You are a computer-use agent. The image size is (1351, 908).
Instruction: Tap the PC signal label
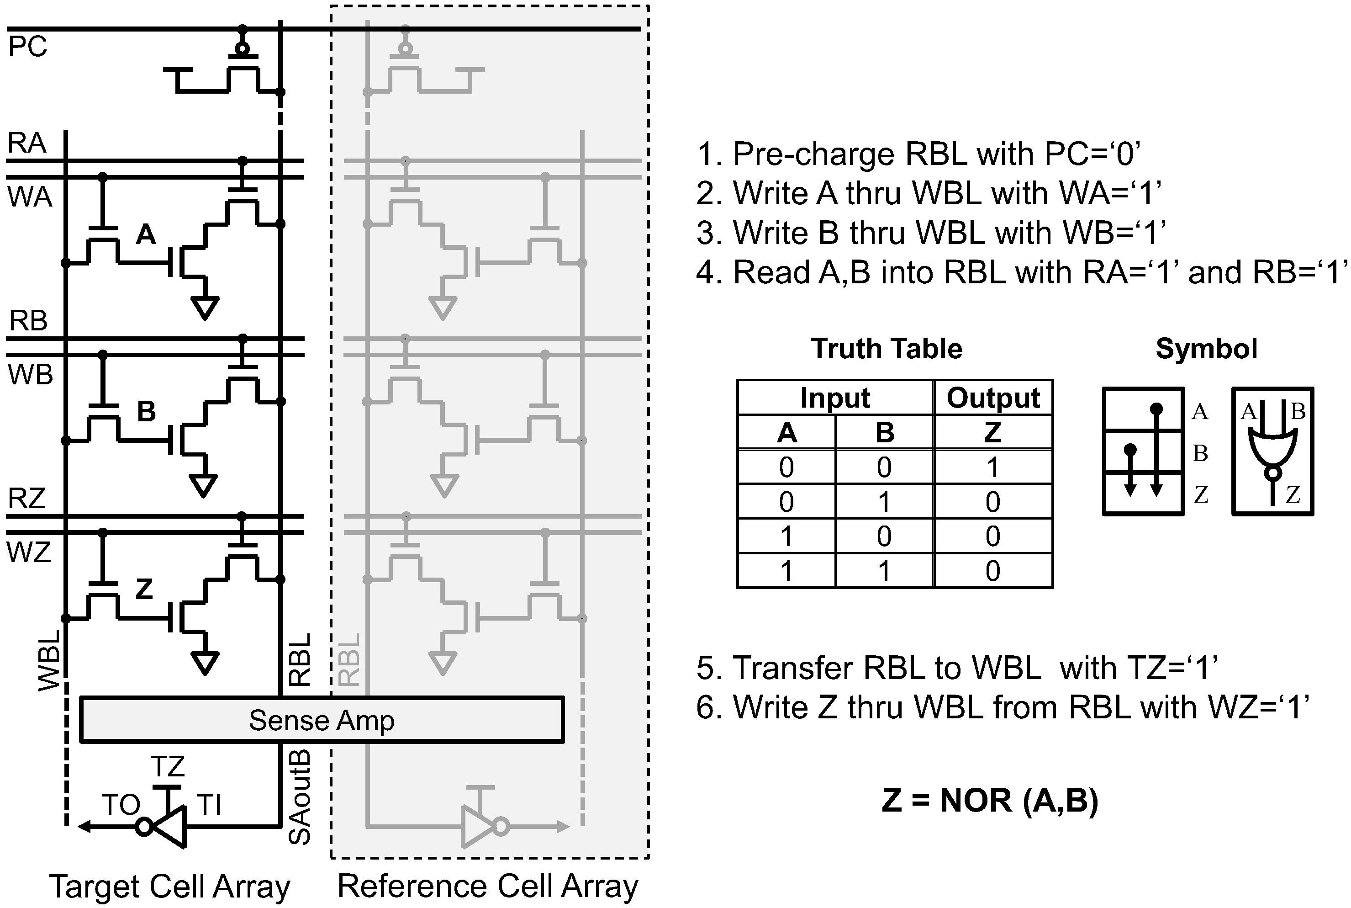click(x=27, y=46)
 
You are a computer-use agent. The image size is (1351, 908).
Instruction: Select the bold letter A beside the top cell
click(x=146, y=234)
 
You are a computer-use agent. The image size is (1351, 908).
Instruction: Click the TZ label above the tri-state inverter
click(x=167, y=767)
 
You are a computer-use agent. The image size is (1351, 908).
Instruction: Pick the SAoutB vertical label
click(x=300, y=797)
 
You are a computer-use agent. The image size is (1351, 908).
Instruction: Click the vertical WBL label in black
click(x=50, y=661)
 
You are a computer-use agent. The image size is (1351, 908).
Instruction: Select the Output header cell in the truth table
click(x=993, y=398)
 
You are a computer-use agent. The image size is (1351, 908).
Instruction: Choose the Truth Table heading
click(x=886, y=349)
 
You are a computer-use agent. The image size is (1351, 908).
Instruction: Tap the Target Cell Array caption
click(x=169, y=886)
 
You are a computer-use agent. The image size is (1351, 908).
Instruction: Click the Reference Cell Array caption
click(x=487, y=886)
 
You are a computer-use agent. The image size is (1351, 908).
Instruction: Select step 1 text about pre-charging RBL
click(x=918, y=154)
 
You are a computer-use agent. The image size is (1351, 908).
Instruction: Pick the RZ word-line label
click(x=26, y=498)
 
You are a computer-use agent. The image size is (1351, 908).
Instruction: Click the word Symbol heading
click(x=1206, y=349)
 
